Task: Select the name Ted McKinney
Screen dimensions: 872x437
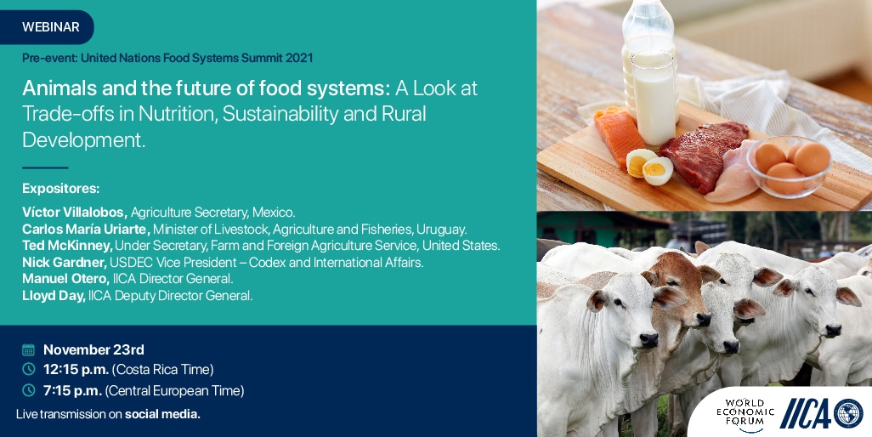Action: (67, 246)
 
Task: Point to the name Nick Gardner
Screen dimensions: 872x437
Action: (65, 263)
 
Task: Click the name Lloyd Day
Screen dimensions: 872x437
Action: (54, 296)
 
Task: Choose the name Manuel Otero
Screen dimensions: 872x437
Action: (66, 279)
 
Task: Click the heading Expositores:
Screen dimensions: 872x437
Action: (61, 189)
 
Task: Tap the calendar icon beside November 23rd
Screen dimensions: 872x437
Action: (28, 349)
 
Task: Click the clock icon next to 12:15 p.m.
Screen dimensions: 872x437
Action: (28, 369)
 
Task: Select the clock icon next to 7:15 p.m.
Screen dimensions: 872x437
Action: (28, 390)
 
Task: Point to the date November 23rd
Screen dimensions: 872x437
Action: (93, 349)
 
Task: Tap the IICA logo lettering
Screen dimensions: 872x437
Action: (806, 414)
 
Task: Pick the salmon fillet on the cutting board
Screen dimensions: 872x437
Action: (619, 136)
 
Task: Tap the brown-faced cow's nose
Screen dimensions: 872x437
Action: (703, 320)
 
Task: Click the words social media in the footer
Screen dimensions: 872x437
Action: (162, 414)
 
